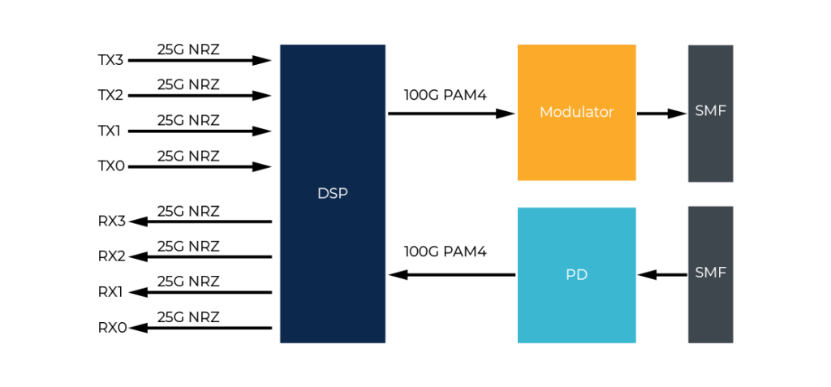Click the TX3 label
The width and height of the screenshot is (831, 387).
110,60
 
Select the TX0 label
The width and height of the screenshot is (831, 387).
110,167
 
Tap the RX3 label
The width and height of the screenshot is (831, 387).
112,221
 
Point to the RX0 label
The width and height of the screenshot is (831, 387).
112,328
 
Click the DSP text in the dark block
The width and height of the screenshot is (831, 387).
332,194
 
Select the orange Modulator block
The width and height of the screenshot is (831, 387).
577,113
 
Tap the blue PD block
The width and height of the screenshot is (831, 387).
577,275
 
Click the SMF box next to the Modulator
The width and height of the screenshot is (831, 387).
711,114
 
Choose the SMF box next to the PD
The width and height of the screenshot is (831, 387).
711,274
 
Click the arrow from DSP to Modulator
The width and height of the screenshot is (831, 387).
451,114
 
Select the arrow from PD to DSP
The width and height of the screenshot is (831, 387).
451,274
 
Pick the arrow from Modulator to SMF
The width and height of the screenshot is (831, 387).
661,114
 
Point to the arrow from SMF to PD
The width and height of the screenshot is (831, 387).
662,274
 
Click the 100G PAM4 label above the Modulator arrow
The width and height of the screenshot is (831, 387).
446,96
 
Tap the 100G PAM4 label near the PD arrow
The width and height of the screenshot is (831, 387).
446,252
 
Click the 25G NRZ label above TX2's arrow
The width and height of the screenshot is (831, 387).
188,85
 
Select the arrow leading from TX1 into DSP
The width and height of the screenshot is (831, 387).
200,131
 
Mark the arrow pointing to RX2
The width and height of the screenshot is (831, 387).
200,257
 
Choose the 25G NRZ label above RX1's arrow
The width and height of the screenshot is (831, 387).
188,282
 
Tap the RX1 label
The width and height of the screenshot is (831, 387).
110,292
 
